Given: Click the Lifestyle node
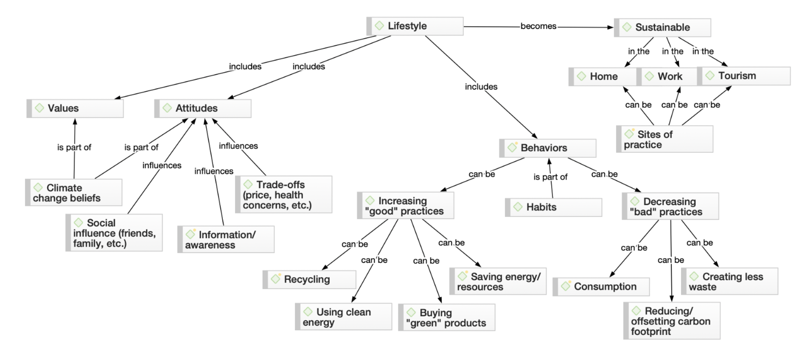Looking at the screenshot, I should click(x=415, y=26).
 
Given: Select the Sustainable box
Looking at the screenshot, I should click(x=662, y=28).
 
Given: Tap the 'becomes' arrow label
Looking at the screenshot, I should click(x=538, y=26).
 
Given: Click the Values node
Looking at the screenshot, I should click(x=75, y=108).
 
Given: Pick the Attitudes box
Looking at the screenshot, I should click(x=203, y=108).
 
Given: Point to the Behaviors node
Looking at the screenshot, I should click(x=548, y=148).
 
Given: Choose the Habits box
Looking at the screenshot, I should click(x=553, y=207).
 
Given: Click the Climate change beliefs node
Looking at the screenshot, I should click(x=74, y=193).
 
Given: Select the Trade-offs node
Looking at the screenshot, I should click(x=283, y=195).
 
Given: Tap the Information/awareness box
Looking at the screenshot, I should click(x=226, y=240).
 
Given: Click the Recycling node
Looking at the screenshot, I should click(x=309, y=279).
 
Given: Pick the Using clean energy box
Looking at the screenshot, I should click(x=343, y=317).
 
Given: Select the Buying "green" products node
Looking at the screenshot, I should click(x=446, y=318).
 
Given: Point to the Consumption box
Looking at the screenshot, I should click(x=601, y=287).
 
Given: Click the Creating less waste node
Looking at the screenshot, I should click(x=729, y=281).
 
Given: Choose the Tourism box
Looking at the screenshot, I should click(x=744, y=76).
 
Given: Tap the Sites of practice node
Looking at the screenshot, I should click(x=665, y=139).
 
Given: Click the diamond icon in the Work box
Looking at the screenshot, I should click(x=649, y=76).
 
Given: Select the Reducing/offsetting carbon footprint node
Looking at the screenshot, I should click(x=672, y=321).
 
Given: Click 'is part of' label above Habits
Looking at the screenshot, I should click(x=550, y=177).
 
